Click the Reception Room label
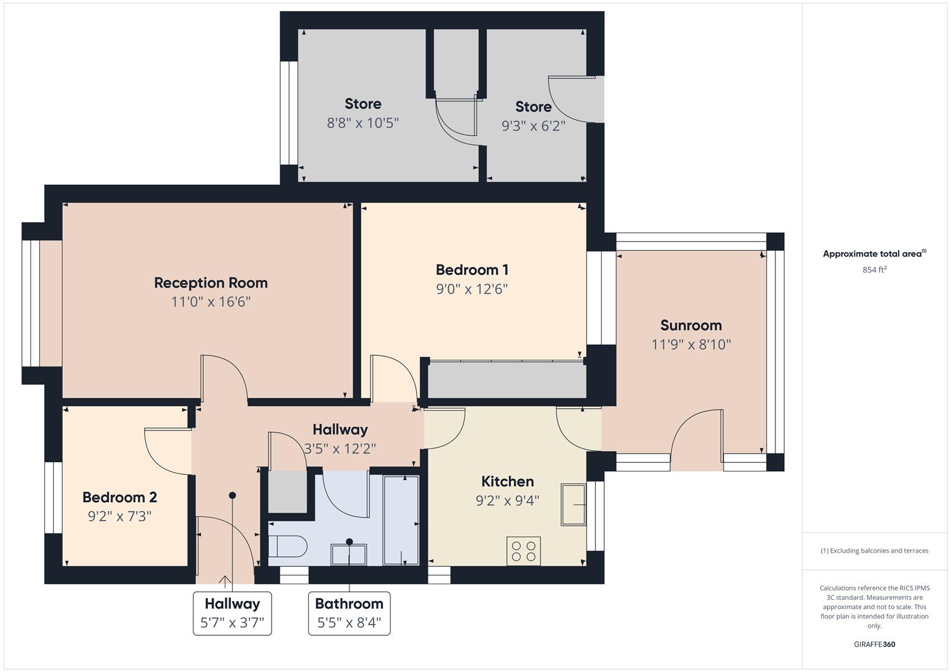211,282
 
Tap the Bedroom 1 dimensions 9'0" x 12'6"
471,289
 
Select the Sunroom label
691,325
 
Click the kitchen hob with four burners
523,551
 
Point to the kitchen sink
574,505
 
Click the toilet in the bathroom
288,547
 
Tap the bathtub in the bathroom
401,520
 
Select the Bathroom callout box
349,613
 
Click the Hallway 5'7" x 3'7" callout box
232,613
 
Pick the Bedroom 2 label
120,497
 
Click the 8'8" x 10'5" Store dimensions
362,123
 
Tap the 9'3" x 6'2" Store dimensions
533,126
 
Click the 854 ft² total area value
874,269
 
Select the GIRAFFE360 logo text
874,644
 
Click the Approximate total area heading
874,253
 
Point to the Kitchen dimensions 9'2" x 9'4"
507,500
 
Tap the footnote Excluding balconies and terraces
874,551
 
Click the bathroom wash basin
348,554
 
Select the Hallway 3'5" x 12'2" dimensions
339,448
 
